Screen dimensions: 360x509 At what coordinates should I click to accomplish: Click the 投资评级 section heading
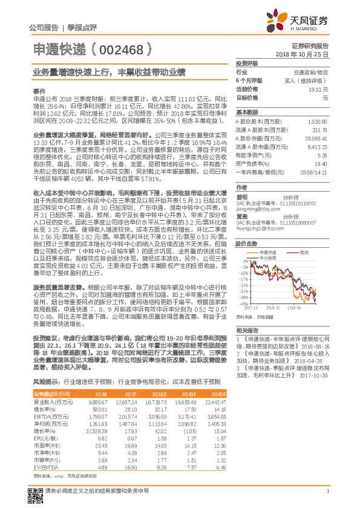pyautogui.click(x=246, y=63)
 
